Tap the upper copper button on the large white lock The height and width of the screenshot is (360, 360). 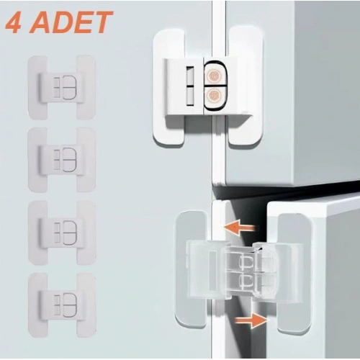coord(214,74)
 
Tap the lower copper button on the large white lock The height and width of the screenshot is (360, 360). coord(214,96)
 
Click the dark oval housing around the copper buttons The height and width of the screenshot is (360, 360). coord(214,85)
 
